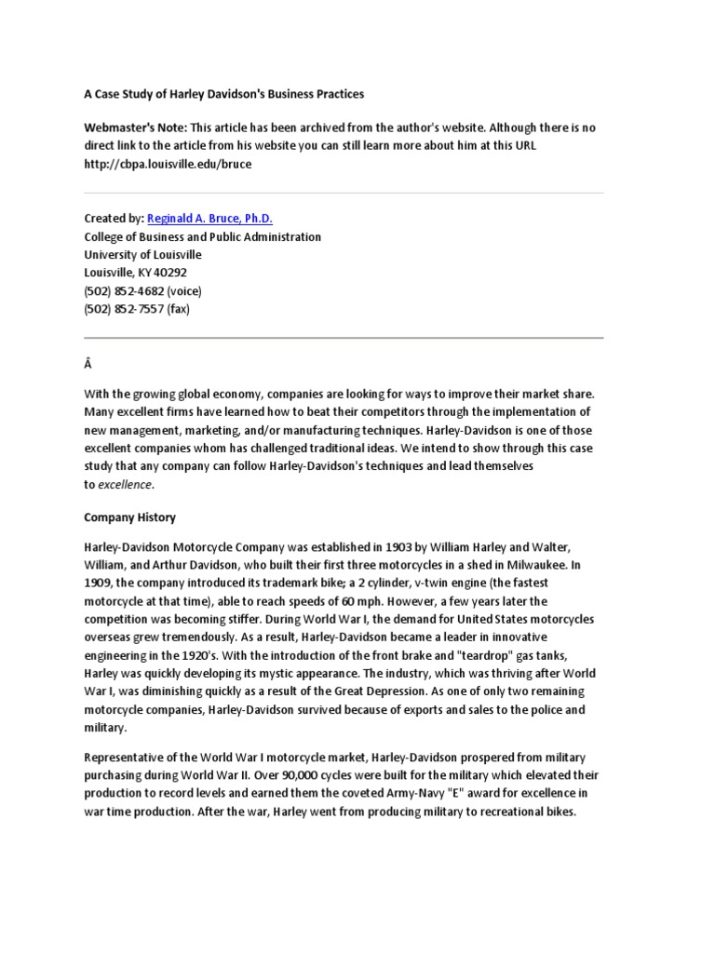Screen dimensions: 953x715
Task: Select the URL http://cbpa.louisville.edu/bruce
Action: (168, 164)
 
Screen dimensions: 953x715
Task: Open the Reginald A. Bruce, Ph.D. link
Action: (209, 218)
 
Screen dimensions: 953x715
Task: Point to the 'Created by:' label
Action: (114, 218)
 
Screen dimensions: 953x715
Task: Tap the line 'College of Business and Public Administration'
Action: (202, 236)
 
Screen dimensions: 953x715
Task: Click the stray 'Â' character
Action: (88, 368)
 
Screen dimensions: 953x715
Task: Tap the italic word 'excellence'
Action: (125, 485)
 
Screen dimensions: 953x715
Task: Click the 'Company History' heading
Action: (129, 517)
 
